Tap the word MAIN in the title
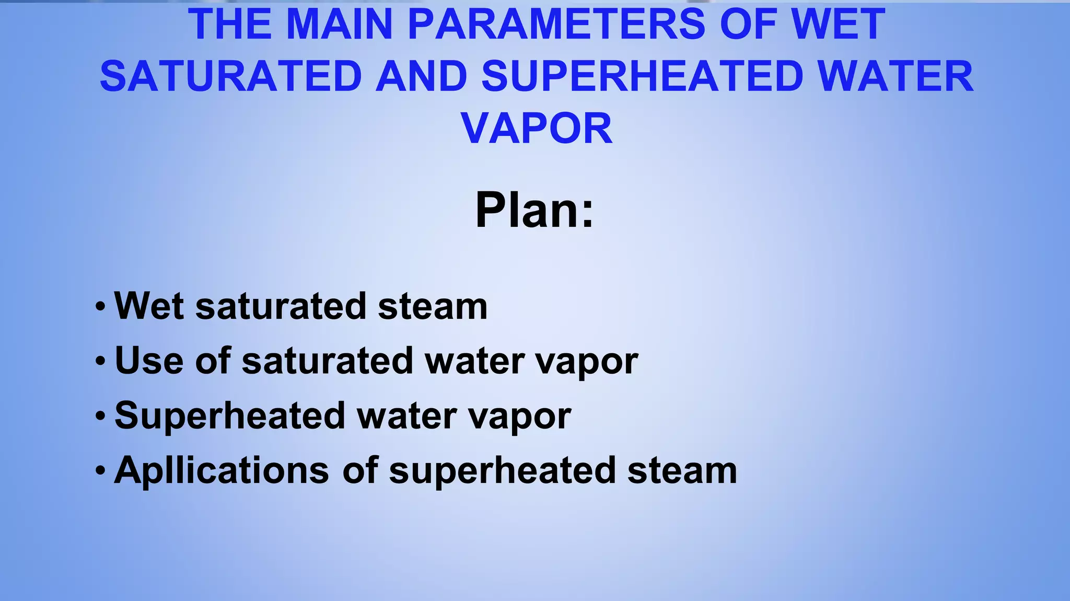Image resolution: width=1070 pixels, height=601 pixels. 339,25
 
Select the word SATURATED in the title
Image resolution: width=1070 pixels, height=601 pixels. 230,76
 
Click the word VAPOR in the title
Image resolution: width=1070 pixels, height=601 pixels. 536,129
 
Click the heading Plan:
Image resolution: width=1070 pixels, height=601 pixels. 534,210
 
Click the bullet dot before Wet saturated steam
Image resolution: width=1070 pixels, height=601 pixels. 101,306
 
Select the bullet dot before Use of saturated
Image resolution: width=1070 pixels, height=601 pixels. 101,361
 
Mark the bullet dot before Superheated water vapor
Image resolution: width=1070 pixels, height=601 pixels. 101,416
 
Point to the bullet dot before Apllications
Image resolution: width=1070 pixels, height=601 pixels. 101,471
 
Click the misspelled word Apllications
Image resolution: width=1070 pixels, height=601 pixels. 222,471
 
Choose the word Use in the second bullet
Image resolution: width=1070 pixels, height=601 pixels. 149,361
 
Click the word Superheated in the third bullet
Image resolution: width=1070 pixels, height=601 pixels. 230,416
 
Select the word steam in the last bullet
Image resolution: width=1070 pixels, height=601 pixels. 682,471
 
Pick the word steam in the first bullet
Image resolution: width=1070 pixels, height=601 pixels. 433,306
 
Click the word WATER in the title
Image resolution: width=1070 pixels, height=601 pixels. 895,76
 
